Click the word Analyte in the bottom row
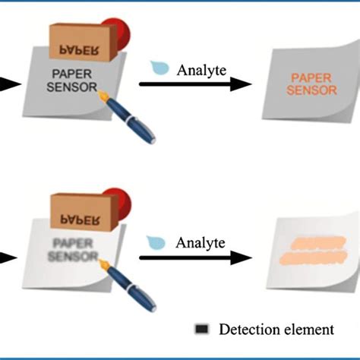[x=201, y=243]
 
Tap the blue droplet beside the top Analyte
[x=161, y=68]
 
